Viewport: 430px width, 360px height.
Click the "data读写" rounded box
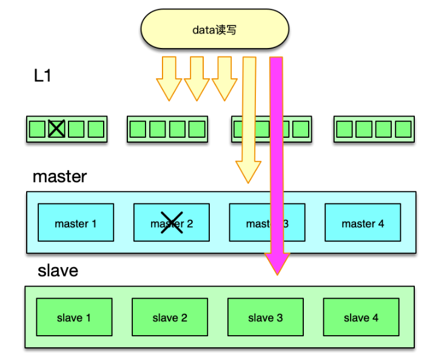pyautogui.click(x=214, y=29)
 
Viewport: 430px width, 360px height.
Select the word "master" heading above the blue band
pyautogui.click(x=59, y=177)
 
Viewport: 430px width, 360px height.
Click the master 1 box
pyautogui.click(x=75, y=223)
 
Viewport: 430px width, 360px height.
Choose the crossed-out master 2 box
pyautogui.click(x=171, y=223)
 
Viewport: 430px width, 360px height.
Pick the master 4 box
pyautogui.click(x=362, y=223)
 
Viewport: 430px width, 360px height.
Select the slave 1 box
pyautogui.click(x=74, y=318)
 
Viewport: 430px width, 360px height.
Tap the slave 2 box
pyautogui.click(x=170, y=318)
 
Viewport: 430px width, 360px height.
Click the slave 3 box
pyautogui.click(x=265, y=318)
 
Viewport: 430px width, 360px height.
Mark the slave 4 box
pyautogui.click(x=361, y=318)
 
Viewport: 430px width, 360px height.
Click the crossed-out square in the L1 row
pyautogui.click(x=56, y=129)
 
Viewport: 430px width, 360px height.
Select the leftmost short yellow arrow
pyautogui.click(x=169, y=79)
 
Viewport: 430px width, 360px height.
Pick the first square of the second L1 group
pyautogui.click(x=138, y=129)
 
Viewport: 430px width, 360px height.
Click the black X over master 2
pyautogui.click(x=171, y=222)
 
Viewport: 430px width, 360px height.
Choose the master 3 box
pyautogui.click(x=267, y=223)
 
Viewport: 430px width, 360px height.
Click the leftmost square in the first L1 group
pyautogui.click(x=37, y=129)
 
